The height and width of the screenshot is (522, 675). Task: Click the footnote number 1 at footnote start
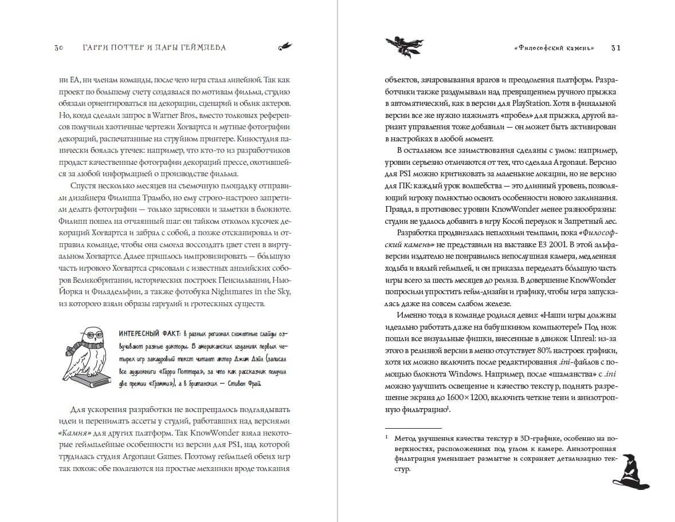pos(387,438)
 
